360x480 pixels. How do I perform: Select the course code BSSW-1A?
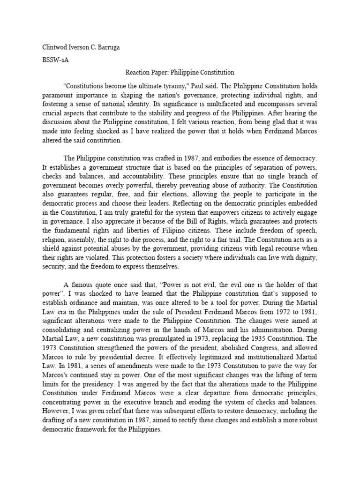click(x=50, y=61)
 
